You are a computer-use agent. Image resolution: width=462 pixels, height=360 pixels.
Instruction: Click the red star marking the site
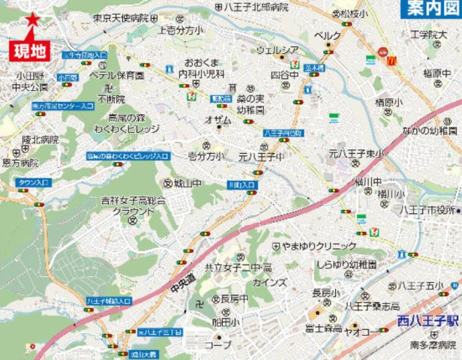(x=32, y=20)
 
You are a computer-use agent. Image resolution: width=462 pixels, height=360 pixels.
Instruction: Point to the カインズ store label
(x=270, y=282)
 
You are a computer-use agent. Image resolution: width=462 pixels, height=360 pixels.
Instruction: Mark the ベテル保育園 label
(x=115, y=76)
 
